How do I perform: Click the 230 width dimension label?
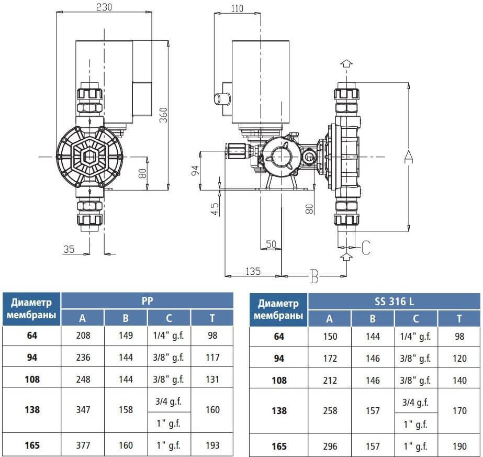pos(104,7)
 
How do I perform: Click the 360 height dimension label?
pos(164,115)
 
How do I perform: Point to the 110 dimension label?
pos(237,8)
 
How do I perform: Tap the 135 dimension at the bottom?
pos(253,271)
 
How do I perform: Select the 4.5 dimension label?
pos(215,209)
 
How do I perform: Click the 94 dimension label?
pos(195,171)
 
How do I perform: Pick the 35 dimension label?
pos(69,249)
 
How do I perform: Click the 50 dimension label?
pos(271,244)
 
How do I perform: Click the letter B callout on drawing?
pos(314,276)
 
